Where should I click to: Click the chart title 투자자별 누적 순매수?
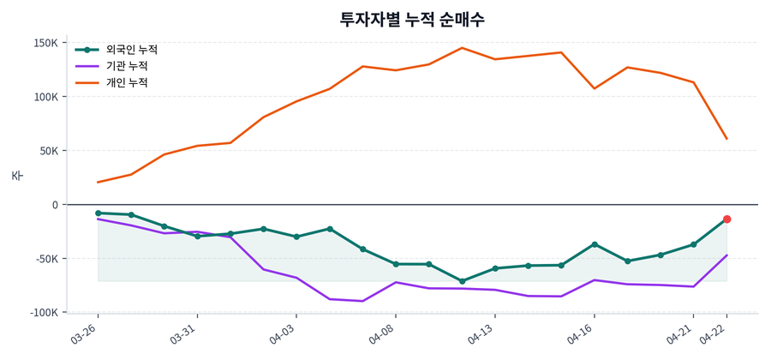[x=412, y=20]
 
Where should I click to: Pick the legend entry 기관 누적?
[x=126, y=66]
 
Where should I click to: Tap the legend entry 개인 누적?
[x=126, y=82]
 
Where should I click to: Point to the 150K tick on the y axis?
[x=45, y=43]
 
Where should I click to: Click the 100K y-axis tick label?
[x=45, y=97]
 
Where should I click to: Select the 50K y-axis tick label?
[x=48, y=151]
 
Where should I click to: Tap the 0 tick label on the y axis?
[x=55, y=205]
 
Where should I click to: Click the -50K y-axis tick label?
[x=45, y=259]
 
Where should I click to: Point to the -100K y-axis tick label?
[x=43, y=313]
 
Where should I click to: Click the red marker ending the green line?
[x=726, y=219]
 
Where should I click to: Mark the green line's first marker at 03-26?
[x=99, y=213]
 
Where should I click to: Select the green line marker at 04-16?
[x=595, y=244]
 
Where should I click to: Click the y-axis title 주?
[x=17, y=176]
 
